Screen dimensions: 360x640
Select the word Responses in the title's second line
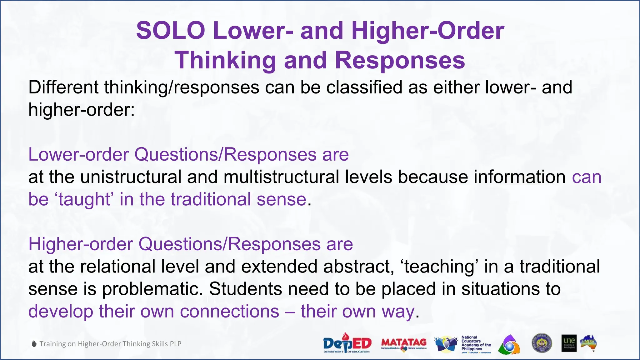tap(400, 60)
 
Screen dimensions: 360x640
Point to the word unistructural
tap(131, 177)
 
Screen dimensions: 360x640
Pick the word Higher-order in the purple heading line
tap(80, 244)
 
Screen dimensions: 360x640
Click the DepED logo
tap(347, 343)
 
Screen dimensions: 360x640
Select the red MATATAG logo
tap(404, 343)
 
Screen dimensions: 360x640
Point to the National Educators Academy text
tap(476, 344)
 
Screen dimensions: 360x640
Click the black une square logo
tap(569, 343)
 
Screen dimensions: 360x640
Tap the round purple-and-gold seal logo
tap(542, 343)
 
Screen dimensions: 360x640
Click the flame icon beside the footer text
tap(34, 344)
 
